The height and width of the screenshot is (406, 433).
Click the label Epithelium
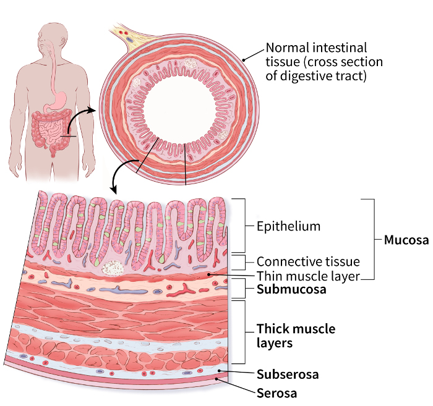click(288, 226)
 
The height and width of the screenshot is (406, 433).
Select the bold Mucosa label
click(406, 240)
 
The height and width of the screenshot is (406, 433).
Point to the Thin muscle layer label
click(307, 276)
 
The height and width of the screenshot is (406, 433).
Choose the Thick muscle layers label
click(296, 335)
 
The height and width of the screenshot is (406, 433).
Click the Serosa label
click(277, 393)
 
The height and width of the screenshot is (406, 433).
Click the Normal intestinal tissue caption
click(324, 62)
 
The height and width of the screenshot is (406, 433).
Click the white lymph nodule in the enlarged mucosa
click(113, 268)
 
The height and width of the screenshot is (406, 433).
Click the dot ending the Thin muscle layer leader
click(211, 273)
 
